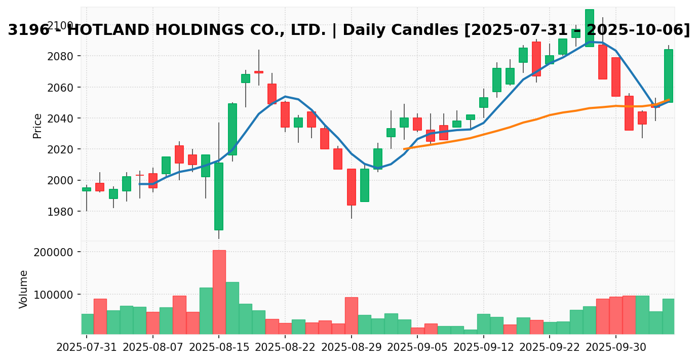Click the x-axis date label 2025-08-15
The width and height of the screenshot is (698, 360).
[219, 348]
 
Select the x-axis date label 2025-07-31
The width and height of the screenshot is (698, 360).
[87, 348]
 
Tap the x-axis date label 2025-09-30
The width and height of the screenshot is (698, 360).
[616, 348]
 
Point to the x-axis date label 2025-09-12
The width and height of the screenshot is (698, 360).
[484, 348]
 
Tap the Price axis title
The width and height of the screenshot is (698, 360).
[37, 126]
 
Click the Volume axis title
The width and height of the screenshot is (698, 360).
[24, 289]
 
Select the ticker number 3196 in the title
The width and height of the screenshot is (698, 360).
[28, 30]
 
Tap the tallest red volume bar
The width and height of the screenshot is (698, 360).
[219, 292]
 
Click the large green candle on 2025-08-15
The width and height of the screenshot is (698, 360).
[219, 196]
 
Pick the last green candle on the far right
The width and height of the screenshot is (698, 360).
[669, 75]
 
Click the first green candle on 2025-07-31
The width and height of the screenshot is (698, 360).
[87, 189]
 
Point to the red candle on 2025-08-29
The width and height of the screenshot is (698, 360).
[351, 187]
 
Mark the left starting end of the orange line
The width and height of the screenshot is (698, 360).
[404, 149]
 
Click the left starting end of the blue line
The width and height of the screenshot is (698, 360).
[139, 184]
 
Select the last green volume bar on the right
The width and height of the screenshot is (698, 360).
[669, 316]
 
